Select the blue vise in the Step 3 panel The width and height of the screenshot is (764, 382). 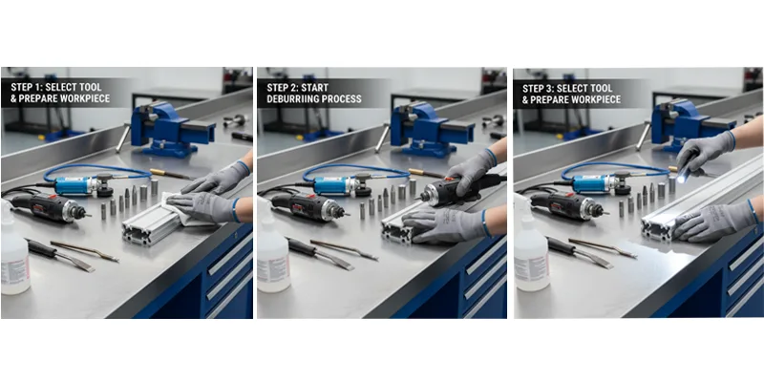pyautogui.click(x=686, y=125)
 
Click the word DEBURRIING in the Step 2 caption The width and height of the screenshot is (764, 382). pyautogui.click(x=291, y=99)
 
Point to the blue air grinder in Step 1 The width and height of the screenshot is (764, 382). pyautogui.click(x=83, y=185)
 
